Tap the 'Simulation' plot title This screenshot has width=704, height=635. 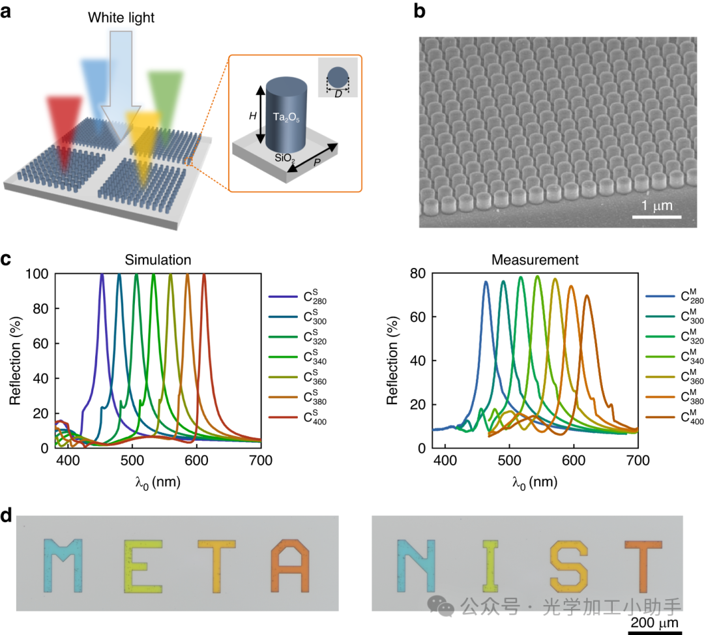(x=157, y=260)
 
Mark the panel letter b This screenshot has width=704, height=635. (x=420, y=12)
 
